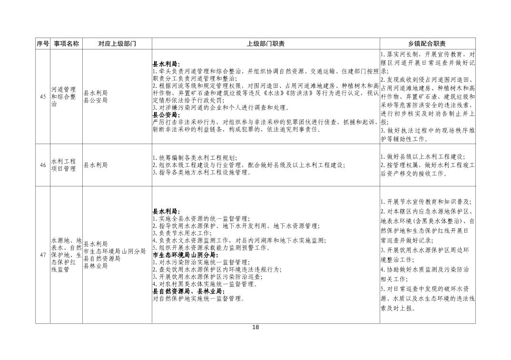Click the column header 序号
[43, 44]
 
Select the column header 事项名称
[66, 44]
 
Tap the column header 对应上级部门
[117, 44]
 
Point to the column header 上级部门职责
[265, 44]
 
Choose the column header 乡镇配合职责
[427, 44]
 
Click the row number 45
[43, 97]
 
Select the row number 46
[43, 165]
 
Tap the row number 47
[43, 255]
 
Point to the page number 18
[255, 327]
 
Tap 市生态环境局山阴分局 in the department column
[114, 251]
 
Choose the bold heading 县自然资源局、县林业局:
[187, 292]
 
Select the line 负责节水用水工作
[181, 233]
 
